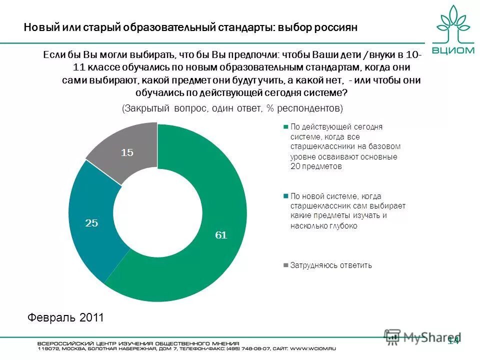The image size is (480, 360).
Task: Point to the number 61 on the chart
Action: click(x=221, y=235)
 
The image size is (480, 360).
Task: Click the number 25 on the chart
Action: click(x=91, y=223)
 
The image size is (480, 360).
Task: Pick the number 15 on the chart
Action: click(x=127, y=152)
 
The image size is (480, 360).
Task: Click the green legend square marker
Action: click(x=285, y=127)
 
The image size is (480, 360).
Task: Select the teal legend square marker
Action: click(x=285, y=196)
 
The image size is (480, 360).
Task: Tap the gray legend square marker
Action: click(x=285, y=265)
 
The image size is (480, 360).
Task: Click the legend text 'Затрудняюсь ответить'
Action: click(x=331, y=265)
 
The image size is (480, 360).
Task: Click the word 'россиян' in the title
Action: click(x=336, y=27)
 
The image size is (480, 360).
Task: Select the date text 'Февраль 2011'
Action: click(x=65, y=317)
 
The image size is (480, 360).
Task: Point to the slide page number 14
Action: click(x=453, y=341)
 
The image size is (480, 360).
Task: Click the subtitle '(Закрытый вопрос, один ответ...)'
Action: click(x=232, y=108)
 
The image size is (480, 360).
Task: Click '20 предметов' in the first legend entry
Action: click(x=316, y=166)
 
